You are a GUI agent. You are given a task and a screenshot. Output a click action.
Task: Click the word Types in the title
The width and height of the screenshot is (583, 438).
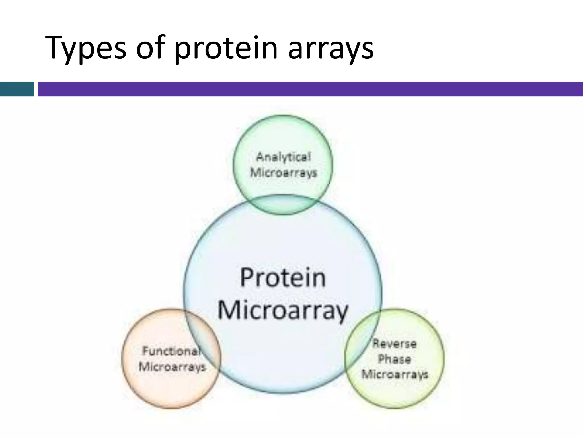point(85,48)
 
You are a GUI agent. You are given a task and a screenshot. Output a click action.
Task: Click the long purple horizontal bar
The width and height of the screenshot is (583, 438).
point(310,89)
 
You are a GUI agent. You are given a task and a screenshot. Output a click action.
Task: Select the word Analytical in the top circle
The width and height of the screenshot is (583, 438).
point(283,157)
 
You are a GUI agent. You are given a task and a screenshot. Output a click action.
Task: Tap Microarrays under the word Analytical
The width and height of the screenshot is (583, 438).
point(284,173)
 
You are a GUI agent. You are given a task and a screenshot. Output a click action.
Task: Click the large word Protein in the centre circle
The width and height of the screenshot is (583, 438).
point(283,277)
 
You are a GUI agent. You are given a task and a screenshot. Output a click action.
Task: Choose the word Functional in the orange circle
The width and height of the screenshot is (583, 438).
point(171,351)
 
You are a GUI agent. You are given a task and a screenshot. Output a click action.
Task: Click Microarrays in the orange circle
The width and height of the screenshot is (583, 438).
point(172,367)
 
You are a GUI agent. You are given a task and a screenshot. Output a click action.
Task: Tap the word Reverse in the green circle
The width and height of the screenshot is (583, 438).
point(395,344)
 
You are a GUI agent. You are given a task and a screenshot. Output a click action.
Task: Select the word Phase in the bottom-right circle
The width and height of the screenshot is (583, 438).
point(395,359)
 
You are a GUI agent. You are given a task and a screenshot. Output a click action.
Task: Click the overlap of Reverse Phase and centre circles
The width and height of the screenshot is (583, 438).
point(362,342)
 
